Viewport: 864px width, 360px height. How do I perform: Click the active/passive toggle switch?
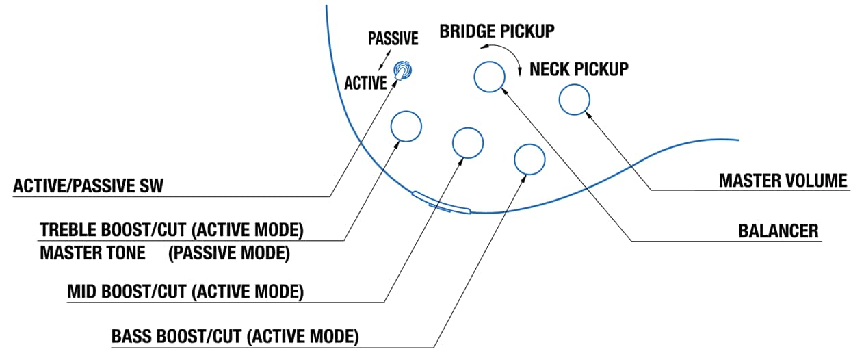(x=402, y=71)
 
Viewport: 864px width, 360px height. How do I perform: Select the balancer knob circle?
(x=475, y=77)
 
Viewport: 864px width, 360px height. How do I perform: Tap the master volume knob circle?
(x=560, y=100)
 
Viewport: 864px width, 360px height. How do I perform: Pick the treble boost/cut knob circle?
(x=391, y=127)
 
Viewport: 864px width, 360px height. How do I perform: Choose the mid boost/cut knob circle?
(x=453, y=143)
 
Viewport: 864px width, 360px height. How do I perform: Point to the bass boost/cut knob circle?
(x=514, y=159)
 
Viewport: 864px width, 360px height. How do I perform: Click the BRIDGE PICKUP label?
(x=497, y=31)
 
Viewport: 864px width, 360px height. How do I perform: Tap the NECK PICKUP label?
(x=579, y=69)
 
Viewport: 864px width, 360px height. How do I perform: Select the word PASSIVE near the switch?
(x=393, y=38)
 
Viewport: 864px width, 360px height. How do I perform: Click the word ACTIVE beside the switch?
(x=365, y=83)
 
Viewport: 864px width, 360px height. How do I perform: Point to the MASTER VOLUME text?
(x=783, y=181)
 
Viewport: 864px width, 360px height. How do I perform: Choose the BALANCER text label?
(x=778, y=231)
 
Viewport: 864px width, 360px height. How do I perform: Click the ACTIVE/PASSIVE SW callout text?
(x=88, y=185)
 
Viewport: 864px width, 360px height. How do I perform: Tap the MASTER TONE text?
(x=92, y=253)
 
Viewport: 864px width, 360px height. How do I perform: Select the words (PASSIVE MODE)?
(x=229, y=253)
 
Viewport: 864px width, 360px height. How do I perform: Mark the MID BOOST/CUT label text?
(x=127, y=292)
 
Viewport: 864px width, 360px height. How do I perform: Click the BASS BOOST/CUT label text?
(x=176, y=337)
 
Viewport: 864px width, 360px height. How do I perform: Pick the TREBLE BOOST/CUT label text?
(x=114, y=230)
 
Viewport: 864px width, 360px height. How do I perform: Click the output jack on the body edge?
(x=441, y=202)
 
